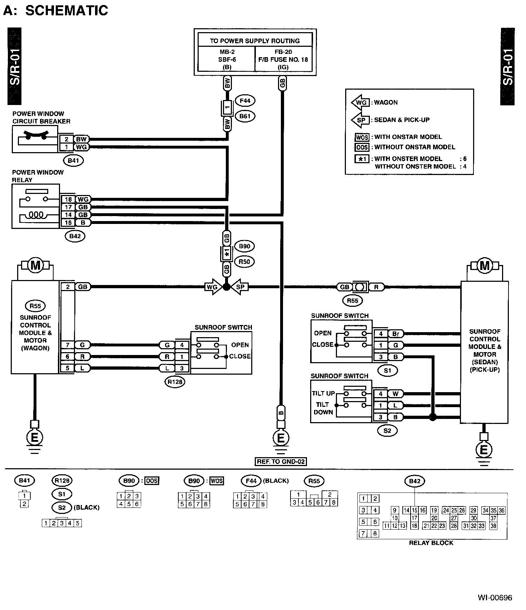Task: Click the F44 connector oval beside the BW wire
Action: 245,101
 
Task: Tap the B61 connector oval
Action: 245,116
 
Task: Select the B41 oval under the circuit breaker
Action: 73,160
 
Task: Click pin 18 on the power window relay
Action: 68,199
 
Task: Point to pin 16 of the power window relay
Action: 68,222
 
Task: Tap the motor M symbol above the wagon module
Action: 35,266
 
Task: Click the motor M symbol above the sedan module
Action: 485,266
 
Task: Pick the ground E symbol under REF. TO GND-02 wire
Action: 281,438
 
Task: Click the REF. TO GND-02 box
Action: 281,461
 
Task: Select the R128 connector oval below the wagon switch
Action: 175,382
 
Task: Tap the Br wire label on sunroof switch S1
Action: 396,334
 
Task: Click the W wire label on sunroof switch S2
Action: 396,394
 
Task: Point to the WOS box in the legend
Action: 362,137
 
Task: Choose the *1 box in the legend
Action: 362,159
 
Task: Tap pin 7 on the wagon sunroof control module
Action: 68,345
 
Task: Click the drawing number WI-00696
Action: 495,597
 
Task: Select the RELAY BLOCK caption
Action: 431,543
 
